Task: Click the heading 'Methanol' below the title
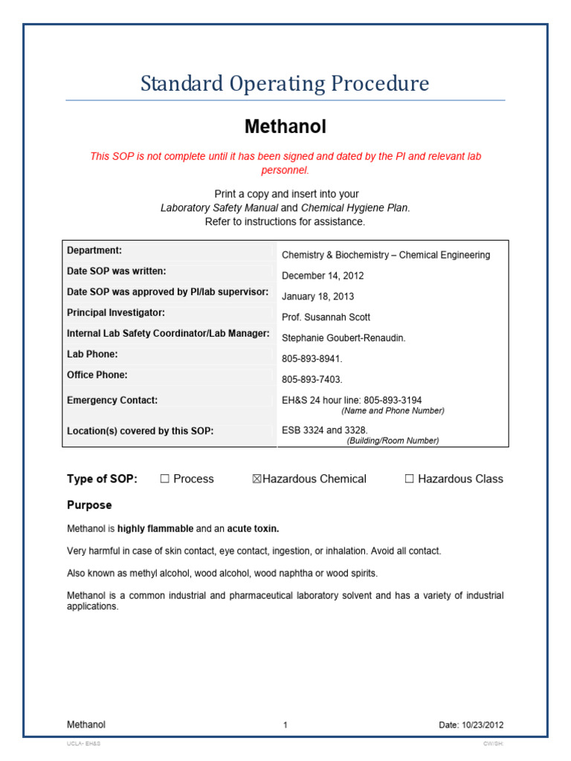tap(285, 127)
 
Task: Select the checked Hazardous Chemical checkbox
tap(257, 479)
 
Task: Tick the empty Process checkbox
tap(165, 479)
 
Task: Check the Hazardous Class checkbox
tap(409, 479)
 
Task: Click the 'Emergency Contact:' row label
tap(112, 401)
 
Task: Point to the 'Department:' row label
tap(94, 250)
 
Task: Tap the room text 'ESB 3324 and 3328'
tap(324, 430)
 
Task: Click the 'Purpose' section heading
tap(89, 505)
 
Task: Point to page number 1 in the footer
tap(285, 725)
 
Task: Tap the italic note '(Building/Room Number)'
tap(393, 441)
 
